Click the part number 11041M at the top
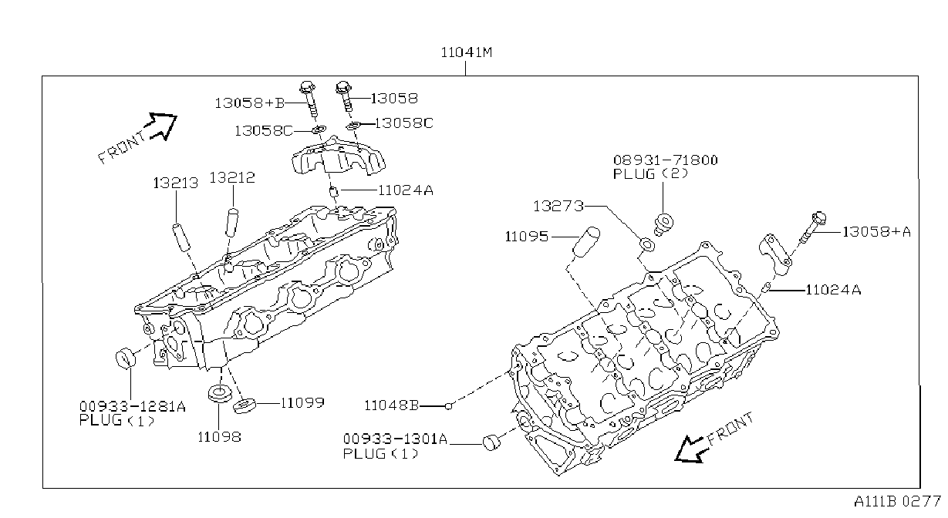click(x=467, y=52)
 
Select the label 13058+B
click(x=250, y=103)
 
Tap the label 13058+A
click(x=876, y=232)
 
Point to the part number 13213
click(x=176, y=183)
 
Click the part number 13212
click(x=232, y=177)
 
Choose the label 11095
click(x=527, y=237)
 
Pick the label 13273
click(x=558, y=206)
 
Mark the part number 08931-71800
click(x=665, y=160)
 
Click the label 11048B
click(x=392, y=405)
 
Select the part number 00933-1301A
click(x=395, y=439)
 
